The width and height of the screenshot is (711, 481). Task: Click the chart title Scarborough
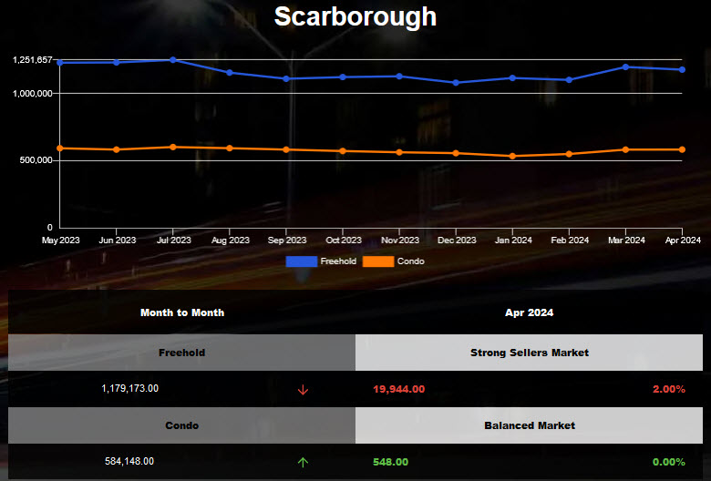[355, 16]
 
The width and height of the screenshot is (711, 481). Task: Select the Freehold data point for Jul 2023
[173, 60]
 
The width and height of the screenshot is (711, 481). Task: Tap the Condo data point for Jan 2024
[513, 156]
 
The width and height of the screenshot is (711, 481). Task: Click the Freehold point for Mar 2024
[625, 67]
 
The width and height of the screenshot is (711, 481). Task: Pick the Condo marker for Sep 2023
[286, 149]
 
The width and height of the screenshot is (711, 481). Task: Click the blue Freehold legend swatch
[302, 261]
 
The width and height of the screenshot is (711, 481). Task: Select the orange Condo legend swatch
[378, 261]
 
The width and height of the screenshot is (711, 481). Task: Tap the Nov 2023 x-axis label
[400, 240]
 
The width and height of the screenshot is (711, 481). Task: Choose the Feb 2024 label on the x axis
[570, 240]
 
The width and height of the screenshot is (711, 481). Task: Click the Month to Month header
[182, 312]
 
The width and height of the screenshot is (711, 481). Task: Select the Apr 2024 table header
[529, 312]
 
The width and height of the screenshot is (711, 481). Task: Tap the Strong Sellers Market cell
[530, 353]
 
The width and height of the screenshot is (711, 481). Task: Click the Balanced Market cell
[530, 425]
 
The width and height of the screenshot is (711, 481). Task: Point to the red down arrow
[303, 389]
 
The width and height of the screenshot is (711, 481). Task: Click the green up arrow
[303, 462]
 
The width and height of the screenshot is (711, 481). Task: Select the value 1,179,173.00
[129, 388]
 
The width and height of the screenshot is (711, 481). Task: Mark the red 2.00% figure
[668, 389]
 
